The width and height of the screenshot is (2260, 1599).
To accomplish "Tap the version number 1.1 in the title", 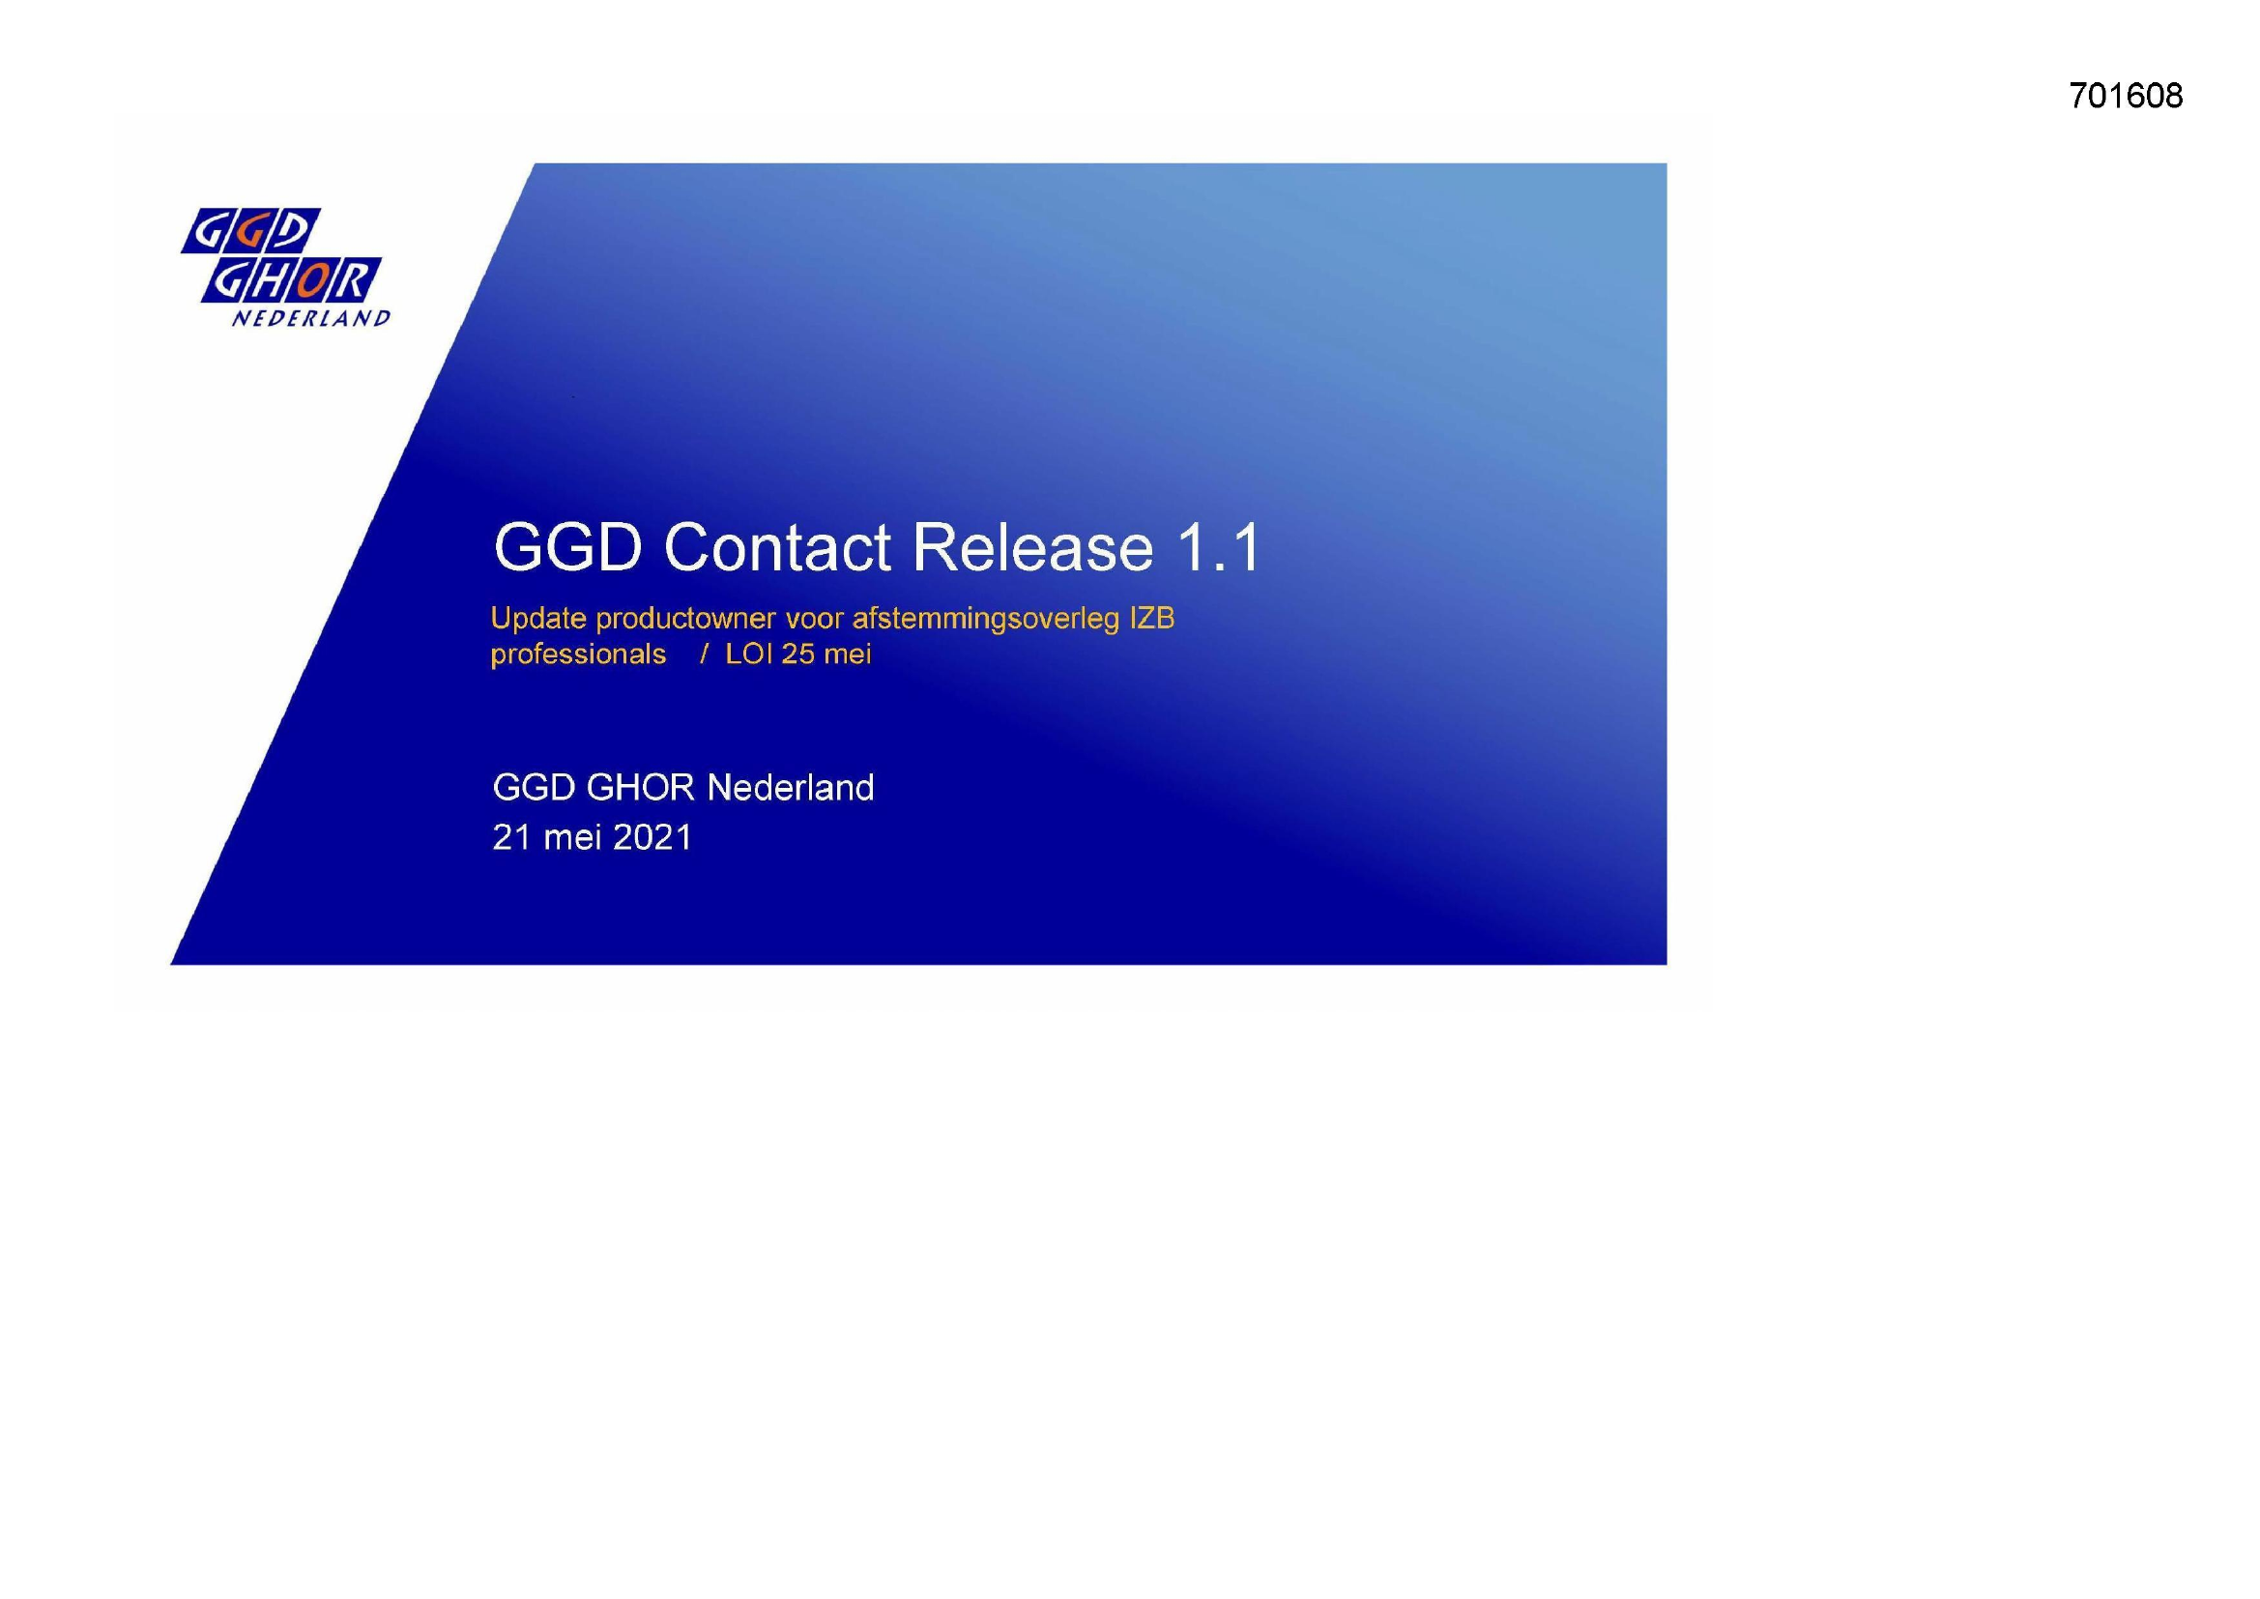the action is pos(1217,547).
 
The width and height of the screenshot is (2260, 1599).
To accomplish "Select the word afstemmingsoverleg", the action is pos(985,620).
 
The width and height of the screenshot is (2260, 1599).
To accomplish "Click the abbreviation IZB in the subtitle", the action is pos(1151,619).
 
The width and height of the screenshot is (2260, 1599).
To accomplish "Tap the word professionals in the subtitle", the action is pos(579,654).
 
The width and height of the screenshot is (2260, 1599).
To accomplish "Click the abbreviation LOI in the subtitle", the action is pos(749,654).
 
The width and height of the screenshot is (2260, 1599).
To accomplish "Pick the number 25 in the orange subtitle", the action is pos(797,654).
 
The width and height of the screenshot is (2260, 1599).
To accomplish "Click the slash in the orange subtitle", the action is pos(704,654).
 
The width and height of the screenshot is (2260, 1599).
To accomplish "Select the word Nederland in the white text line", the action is pos(791,788).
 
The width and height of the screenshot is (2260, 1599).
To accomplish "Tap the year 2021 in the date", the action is pos(652,837).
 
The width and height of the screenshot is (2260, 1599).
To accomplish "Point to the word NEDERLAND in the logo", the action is pos(311,318).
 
